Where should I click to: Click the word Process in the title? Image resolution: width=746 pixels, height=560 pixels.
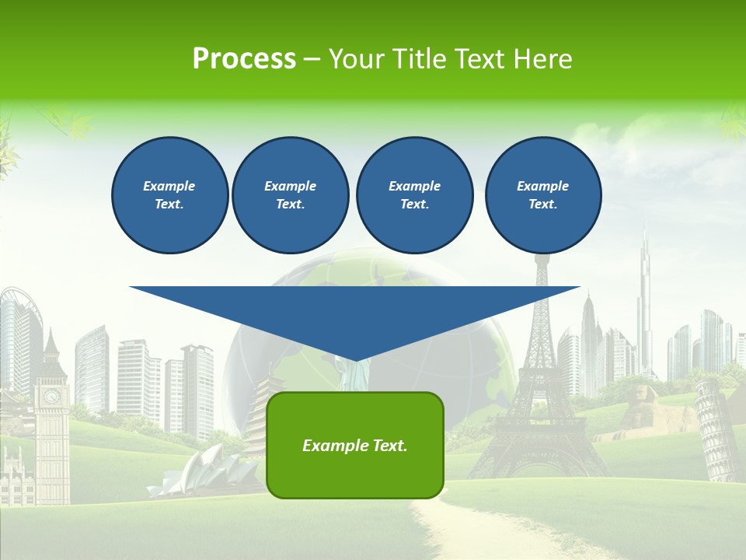(x=244, y=59)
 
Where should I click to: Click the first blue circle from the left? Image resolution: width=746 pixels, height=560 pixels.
(x=169, y=195)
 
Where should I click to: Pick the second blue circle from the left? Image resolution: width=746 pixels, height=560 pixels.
(x=290, y=195)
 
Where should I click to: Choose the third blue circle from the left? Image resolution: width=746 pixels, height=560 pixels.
(x=414, y=195)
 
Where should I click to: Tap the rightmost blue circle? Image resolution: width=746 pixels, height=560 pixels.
(x=542, y=195)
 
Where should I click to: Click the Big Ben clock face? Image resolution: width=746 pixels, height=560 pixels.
(x=51, y=397)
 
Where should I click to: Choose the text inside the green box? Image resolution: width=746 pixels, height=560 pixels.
(x=354, y=446)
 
